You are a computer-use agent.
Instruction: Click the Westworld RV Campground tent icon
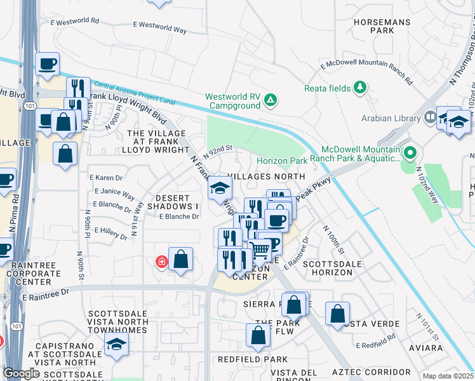[270, 100]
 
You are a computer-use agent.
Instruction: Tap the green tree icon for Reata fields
[361, 87]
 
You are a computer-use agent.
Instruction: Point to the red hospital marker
[162, 262]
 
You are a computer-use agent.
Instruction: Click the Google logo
[21, 373]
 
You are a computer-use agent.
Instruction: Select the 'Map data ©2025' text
[448, 376]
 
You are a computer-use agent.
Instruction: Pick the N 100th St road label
[333, 240]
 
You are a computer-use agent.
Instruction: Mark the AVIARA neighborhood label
[426, 349]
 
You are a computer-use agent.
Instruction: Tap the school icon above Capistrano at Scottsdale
[116, 344]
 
